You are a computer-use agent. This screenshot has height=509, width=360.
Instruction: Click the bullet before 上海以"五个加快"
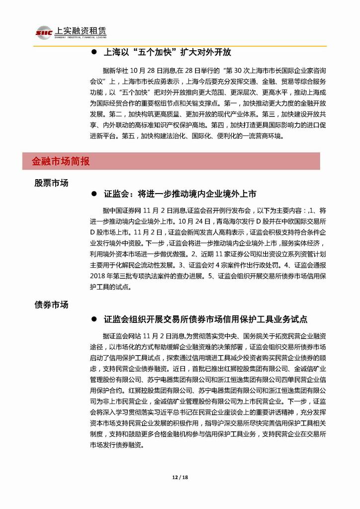94,53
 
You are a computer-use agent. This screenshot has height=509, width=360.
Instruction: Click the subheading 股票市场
52,183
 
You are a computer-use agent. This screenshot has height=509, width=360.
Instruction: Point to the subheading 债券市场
52,305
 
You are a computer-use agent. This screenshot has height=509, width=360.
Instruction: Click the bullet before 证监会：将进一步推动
94,194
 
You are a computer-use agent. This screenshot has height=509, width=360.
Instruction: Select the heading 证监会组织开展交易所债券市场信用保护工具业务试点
205,318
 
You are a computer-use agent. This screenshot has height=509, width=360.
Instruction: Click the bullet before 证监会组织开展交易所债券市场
94,319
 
